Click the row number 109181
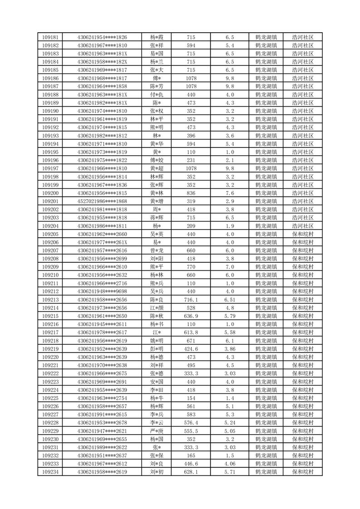pyautogui.click(x=50, y=37)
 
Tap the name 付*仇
pyautogui.click(x=157, y=95)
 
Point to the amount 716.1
pyautogui.click(x=191, y=300)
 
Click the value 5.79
pyautogui.click(x=230, y=316)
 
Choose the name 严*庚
pyautogui.click(x=157, y=431)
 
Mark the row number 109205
pyautogui.click(x=50, y=234)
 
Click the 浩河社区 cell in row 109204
pyautogui.click(x=303, y=226)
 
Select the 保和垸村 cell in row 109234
pyautogui.click(x=303, y=472)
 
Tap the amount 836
pyautogui.click(x=191, y=193)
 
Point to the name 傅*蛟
pyautogui.click(x=157, y=160)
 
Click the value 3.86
pyautogui.click(x=230, y=349)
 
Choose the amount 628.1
pyautogui.click(x=191, y=472)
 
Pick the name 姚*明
pyautogui.click(x=157, y=341)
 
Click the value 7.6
pyautogui.click(x=230, y=193)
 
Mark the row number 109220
pyautogui.click(x=50, y=357)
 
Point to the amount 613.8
pyautogui.click(x=191, y=333)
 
